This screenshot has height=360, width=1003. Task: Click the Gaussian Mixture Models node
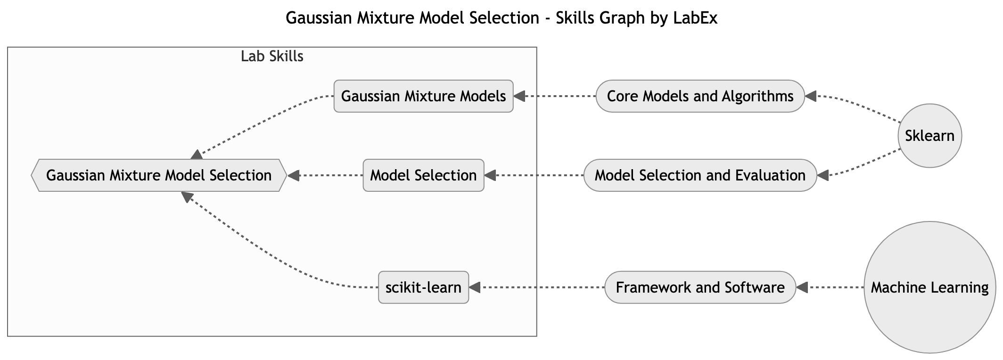[423, 96]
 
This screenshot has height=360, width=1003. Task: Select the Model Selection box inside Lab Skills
[423, 175]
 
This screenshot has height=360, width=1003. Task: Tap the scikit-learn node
[423, 287]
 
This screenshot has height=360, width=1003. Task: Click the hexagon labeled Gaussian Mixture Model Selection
[159, 175]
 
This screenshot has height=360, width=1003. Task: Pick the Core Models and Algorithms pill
[700, 96]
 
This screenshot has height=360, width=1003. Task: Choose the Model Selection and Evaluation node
[700, 175]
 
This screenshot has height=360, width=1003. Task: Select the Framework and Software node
[700, 287]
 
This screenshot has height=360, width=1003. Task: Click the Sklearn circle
[929, 136]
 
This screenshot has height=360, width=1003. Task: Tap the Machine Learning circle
[929, 287]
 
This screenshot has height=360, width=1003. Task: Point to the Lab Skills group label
[272, 57]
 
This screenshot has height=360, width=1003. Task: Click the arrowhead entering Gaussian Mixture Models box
[519, 96]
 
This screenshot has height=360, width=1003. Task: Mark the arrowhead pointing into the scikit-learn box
[475, 287]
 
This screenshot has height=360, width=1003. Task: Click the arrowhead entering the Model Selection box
[490, 175]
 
